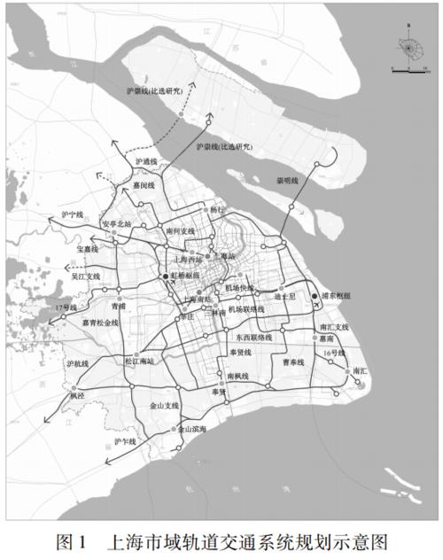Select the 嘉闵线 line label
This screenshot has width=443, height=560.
point(143,185)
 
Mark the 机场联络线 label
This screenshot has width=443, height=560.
point(246,310)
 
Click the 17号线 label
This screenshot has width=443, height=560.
point(66,307)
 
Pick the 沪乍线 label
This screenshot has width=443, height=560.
point(126,440)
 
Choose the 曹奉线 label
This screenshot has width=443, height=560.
point(292,362)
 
